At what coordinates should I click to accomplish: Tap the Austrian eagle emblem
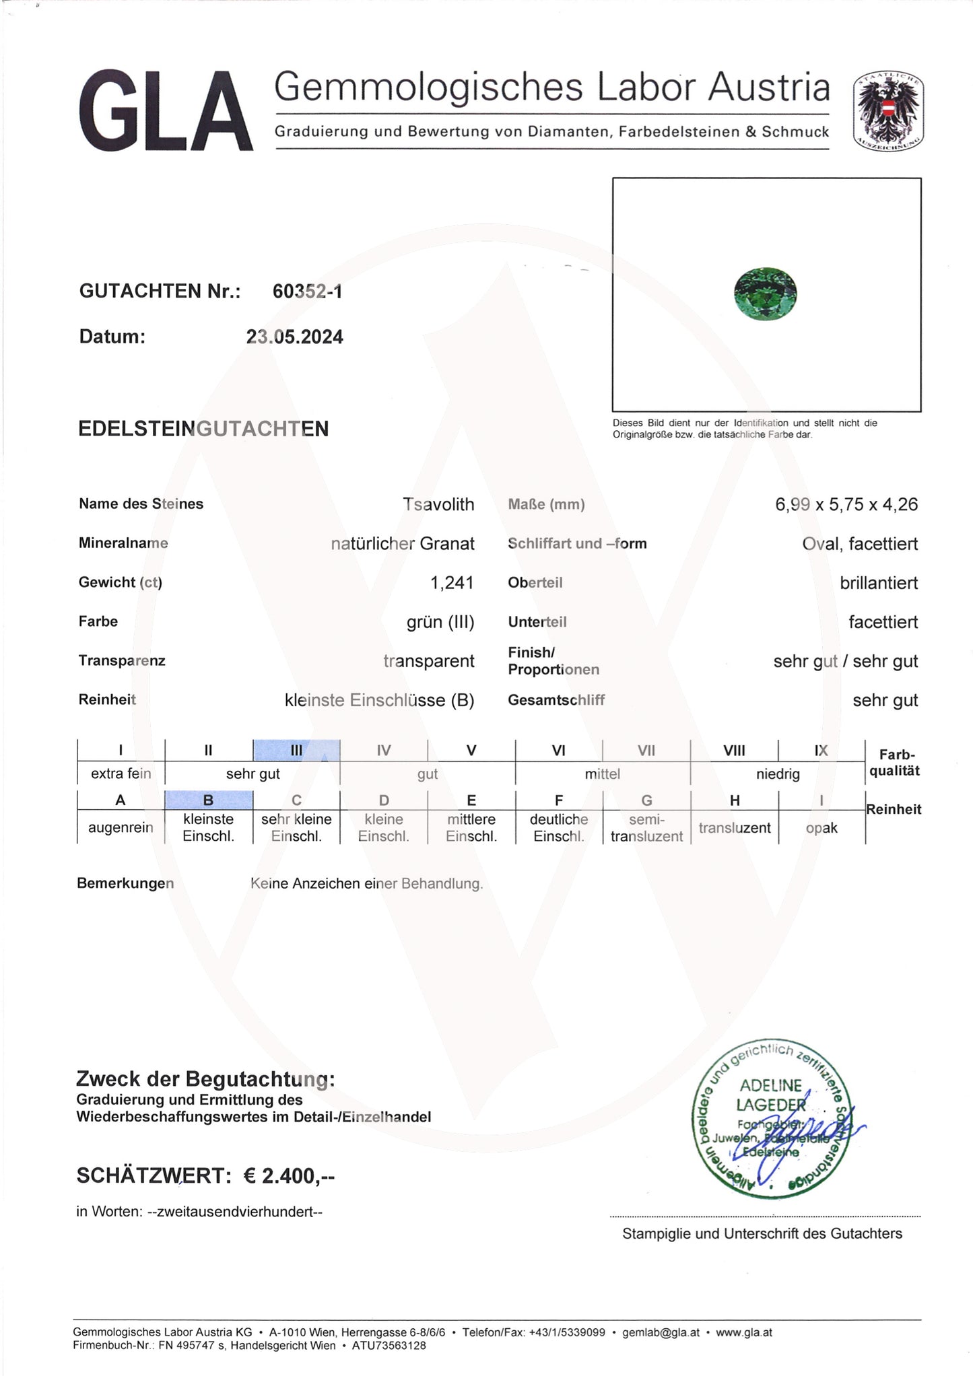[x=888, y=111]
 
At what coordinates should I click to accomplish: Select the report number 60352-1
[x=307, y=291]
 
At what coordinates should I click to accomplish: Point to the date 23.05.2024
[x=294, y=337]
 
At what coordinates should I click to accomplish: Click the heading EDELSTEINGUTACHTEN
[x=203, y=429]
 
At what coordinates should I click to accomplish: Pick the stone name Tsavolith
[x=438, y=504]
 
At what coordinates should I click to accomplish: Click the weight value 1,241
[x=452, y=582]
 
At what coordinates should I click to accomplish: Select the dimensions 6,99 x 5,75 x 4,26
[x=846, y=504]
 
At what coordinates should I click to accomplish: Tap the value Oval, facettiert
[x=860, y=543]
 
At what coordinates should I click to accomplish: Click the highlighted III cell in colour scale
[x=296, y=750]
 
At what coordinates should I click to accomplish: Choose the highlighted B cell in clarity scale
[x=209, y=800]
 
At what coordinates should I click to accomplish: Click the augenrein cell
[x=121, y=827]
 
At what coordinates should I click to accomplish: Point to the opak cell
[x=821, y=827]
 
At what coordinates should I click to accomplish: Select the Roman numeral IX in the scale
[x=821, y=750]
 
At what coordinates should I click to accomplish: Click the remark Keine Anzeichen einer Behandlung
[x=366, y=883]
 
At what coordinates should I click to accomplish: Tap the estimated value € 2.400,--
[x=289, y=1175]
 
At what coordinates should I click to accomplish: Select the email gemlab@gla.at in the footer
[x=661, y=1332]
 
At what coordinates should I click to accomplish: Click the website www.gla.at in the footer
[x=743, y=1332]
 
